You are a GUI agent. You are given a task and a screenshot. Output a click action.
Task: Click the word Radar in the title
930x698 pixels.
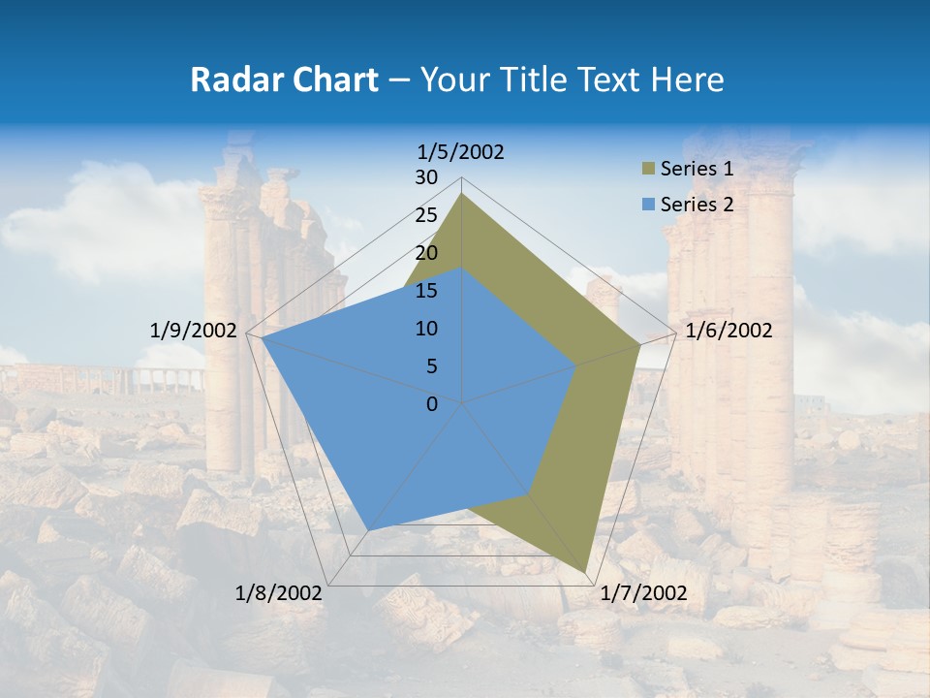[230, 79]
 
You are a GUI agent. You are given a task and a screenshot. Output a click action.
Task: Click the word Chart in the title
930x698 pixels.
[325, 79]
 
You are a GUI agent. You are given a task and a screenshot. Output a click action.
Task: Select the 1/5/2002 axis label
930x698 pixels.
[461, 151]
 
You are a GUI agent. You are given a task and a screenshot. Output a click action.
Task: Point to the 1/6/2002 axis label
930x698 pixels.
[728, 331]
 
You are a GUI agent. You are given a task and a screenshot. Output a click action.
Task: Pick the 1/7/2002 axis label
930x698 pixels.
[643, 593]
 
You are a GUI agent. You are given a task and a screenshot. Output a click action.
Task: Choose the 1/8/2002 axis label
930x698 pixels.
[279, 593]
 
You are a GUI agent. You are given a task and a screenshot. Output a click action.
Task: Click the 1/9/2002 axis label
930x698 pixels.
[194, 331]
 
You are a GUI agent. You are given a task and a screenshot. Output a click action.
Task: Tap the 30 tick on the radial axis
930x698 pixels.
[426, 177]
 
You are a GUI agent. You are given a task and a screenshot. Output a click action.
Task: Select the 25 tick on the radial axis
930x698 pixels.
[426, 215]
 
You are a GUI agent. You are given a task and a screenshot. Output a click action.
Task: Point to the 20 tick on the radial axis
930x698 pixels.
[426, 253]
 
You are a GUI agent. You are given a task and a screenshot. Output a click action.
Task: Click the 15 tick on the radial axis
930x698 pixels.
[426, 291]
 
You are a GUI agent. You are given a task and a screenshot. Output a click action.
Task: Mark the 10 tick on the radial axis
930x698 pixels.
[426, 329]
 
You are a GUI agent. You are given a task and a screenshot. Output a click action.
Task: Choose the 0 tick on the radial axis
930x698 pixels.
[432, 404]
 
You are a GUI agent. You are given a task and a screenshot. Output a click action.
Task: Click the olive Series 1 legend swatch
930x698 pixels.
[647, 170]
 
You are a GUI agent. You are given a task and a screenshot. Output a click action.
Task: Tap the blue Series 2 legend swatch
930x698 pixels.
[647, 205]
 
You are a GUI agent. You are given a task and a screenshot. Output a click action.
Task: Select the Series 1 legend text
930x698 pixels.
[697, 169]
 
